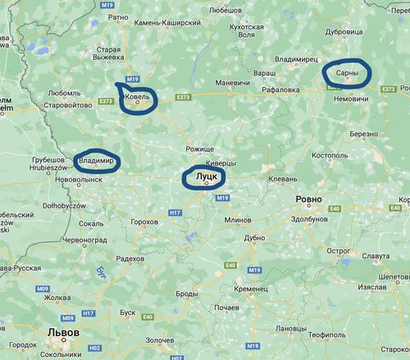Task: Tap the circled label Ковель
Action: (x=136, y=98)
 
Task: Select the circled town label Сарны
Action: (x=346, y=74)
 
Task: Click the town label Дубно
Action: (x=256, y=238)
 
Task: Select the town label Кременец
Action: (x=250, y=289)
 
